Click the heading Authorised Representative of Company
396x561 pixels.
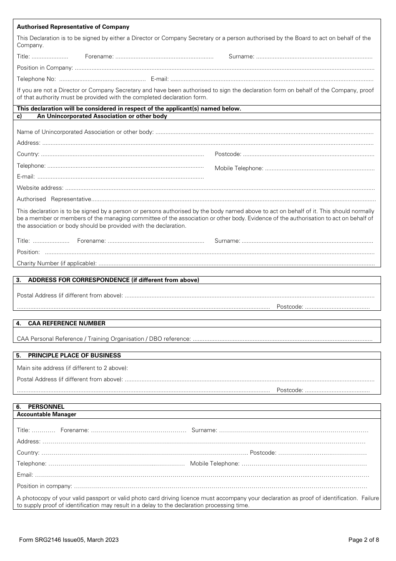tap(73, 27)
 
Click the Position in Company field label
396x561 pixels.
tap(45, 68)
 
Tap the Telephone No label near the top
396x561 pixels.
tap(36, 79)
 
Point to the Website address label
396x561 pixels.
tap(40, 188)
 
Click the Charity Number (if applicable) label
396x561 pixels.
tap(57, 263)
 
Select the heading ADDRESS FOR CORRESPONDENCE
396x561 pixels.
tap(113, 280)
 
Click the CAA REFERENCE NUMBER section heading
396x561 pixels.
tap(67, 323)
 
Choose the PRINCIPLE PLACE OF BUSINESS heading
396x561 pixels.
tap(74, 355)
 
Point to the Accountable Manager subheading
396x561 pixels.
tap(46, 414)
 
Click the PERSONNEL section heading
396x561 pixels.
tap(46, 407)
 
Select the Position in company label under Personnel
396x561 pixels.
tap(44, 486)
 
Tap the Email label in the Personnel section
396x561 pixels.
tap(25, 475)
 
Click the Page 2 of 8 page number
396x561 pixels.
tap(363, 540)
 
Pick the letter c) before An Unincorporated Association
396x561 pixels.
tap(19, 116)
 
